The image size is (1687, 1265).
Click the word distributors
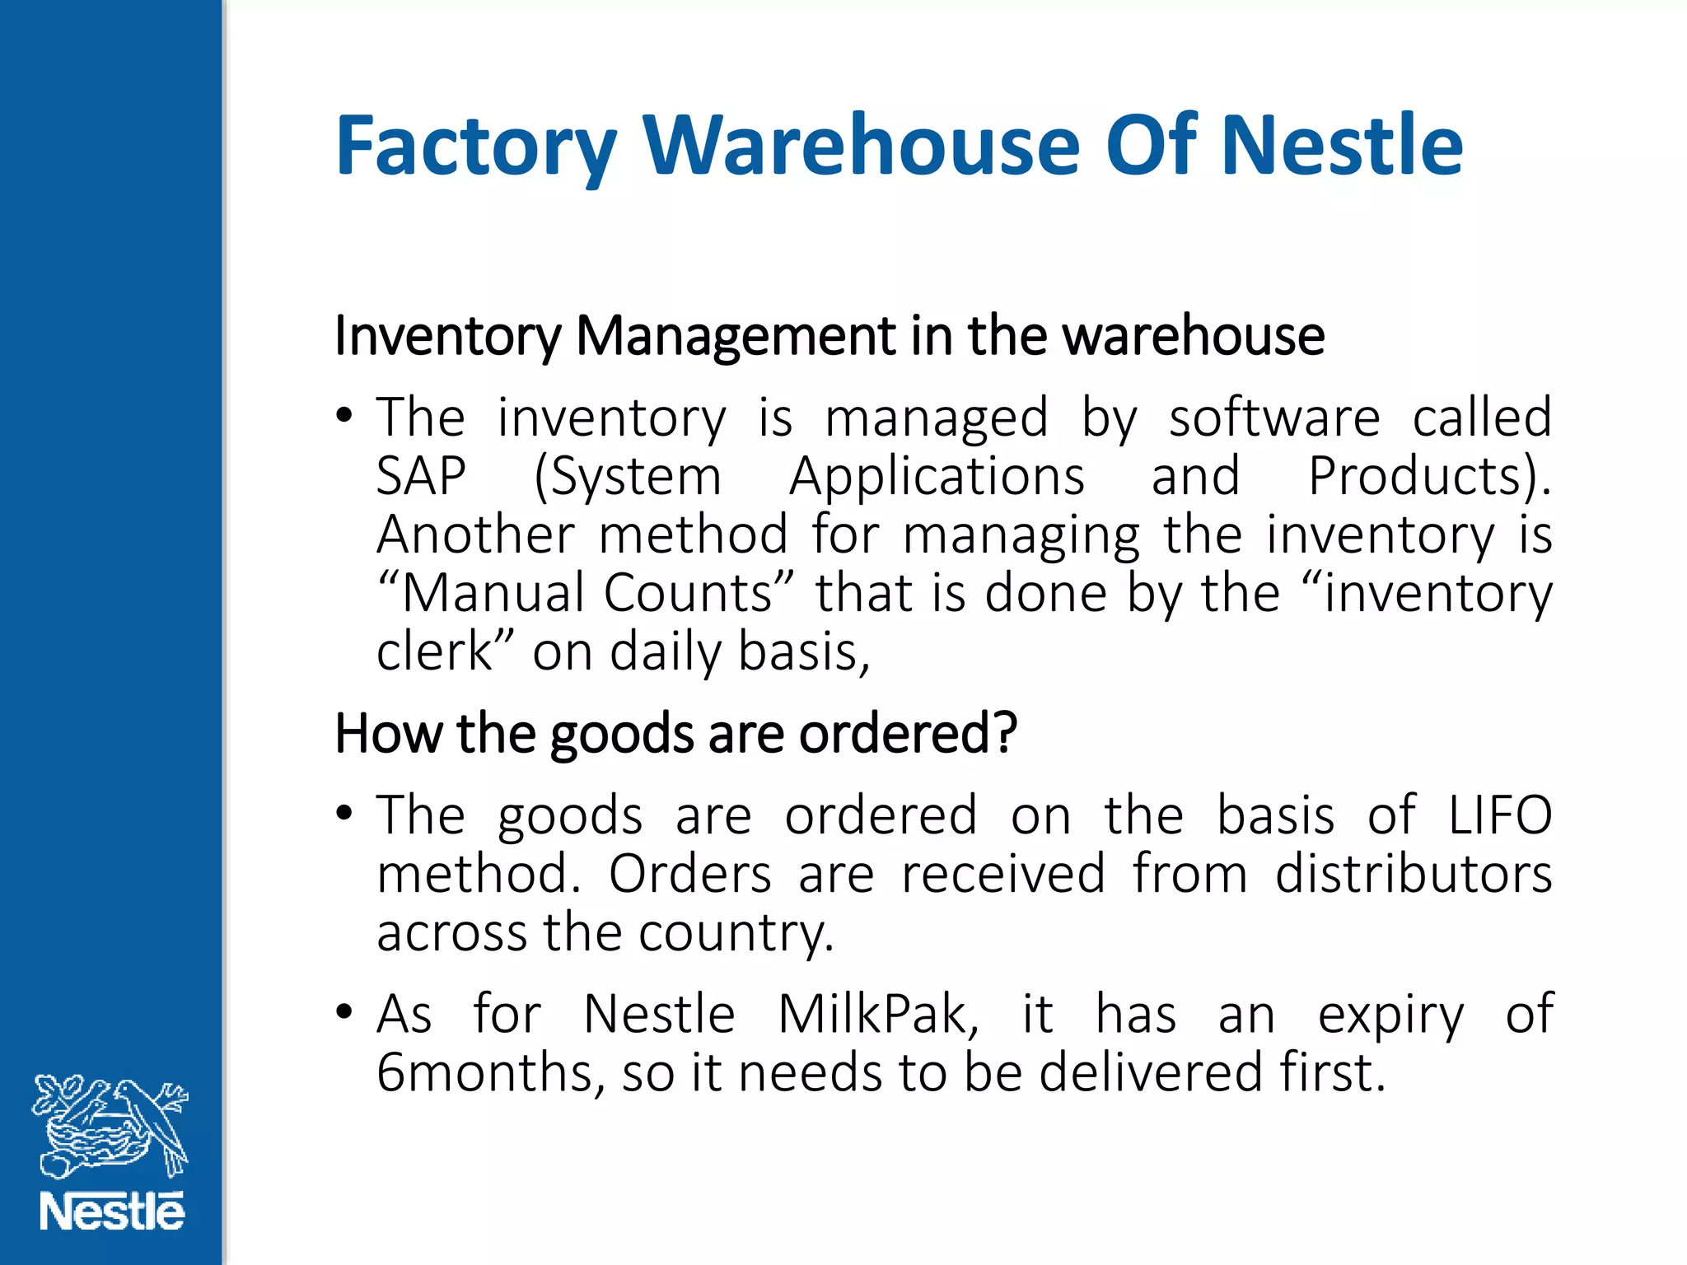tap(1414, 874)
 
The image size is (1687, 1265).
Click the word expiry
tap(1390, 1015)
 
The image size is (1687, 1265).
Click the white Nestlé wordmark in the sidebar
tap(112, 1212)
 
